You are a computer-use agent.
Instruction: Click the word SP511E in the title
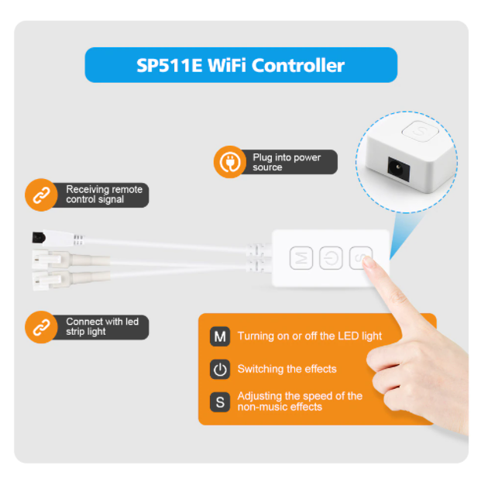click(170, 65)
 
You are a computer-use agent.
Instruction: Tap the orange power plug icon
click(229, 162)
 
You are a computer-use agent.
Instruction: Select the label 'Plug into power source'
click(287, 162)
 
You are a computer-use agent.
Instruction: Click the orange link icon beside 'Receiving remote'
click(41, 195)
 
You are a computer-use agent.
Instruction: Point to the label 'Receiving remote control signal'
click(105, 195)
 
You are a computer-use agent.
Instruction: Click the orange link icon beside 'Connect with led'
click(41, 327)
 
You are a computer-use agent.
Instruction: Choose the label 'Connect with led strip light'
click(102, 326)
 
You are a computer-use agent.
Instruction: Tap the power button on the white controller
click(331, 258)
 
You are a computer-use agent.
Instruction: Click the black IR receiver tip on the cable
click(39, 238)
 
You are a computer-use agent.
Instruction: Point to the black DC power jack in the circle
click(399, 168)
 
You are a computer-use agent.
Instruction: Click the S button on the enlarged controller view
click(420, 131)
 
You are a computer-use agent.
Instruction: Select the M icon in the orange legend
click(220, 336)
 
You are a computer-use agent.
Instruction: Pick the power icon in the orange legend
click(220, 369)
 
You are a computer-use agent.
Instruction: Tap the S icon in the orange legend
click(220, 402)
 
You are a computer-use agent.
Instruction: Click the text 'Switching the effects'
click(287, 369)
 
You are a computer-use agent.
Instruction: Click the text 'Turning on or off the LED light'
click(310, 336)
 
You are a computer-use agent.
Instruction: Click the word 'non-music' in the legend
click(262, 407)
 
